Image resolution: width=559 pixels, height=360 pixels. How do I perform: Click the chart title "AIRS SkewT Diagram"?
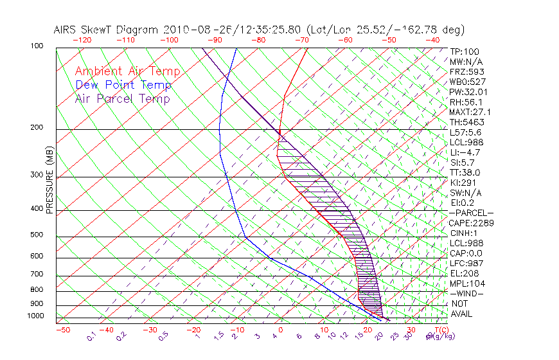tap(107, 30)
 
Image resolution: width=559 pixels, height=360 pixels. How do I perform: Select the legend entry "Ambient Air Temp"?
tap(127, 71)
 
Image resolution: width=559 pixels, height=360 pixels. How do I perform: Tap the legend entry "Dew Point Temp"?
tap(123, 85)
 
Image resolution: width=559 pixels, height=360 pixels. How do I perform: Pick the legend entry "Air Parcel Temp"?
tap(122, 98)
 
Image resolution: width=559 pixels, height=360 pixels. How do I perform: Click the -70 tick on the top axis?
tap(301, 40)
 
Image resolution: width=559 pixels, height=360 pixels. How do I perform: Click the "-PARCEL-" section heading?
tap(471, 213)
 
